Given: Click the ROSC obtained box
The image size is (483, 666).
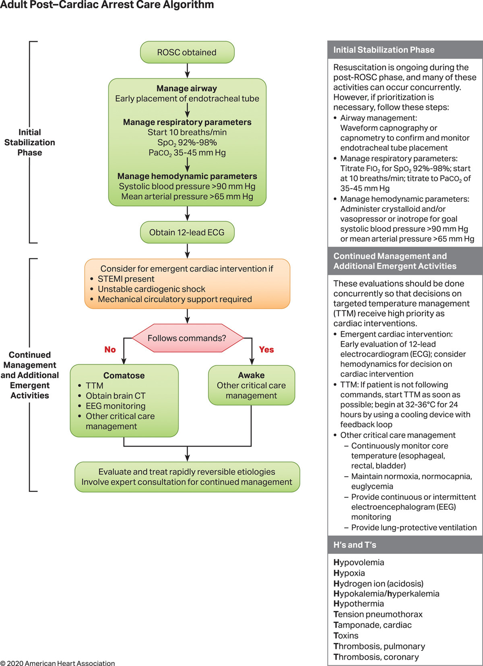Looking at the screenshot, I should click(x=187, y=52).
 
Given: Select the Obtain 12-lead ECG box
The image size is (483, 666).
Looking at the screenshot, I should click(x=187, y=232).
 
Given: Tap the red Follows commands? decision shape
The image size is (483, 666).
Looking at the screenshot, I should click(x=187, y=338).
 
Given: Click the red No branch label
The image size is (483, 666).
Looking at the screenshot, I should click(x=110, y=350).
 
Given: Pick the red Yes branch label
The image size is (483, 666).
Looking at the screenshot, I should click(x=266, y=350).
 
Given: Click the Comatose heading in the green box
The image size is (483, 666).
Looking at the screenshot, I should click(x=124, y=376).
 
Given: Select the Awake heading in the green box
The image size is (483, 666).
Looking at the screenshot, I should click(x=251, y=375).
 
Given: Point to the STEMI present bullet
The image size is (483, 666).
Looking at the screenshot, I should click(x=126, y=279).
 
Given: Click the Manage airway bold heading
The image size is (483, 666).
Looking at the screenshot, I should click(x=187, y=88).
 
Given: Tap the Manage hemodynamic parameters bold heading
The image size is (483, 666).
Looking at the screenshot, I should click(x=187, y=176).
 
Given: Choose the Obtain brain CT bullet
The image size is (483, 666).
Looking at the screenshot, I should click(x=116, y=396).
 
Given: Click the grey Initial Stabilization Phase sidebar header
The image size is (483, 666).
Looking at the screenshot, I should click(x=384, y=50).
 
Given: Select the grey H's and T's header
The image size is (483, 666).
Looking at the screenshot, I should click(x=355, y=545).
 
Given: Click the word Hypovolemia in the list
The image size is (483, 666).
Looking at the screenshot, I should click(x=359, y=562).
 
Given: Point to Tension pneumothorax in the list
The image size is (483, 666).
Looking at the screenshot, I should click(x=378, y=614).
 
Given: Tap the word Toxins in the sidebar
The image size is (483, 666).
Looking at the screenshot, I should click(x=346, y=635).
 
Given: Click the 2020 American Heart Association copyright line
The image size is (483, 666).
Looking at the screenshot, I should click(x=58, y=663).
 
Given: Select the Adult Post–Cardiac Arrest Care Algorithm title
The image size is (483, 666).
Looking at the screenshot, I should click(x=107, y=5).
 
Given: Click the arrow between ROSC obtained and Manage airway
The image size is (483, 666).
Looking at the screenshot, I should click(x=187, y=71).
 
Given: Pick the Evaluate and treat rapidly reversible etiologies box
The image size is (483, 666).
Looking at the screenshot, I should click(x=187, y=477).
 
